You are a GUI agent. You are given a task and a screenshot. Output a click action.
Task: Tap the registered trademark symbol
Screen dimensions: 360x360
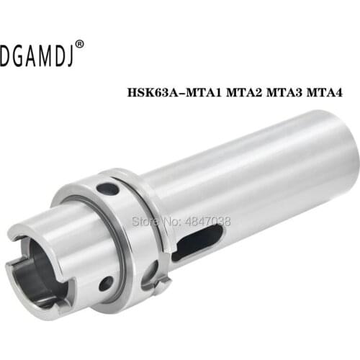(79, 44)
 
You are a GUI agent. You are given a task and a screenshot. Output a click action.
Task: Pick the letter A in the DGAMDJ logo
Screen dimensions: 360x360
(32, 55)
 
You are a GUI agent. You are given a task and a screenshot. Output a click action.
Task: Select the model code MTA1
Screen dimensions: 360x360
(203, 92)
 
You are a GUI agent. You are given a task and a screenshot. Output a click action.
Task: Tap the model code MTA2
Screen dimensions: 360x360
(244, 92)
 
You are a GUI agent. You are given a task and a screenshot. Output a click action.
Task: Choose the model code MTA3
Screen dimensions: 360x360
(284, 92)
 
